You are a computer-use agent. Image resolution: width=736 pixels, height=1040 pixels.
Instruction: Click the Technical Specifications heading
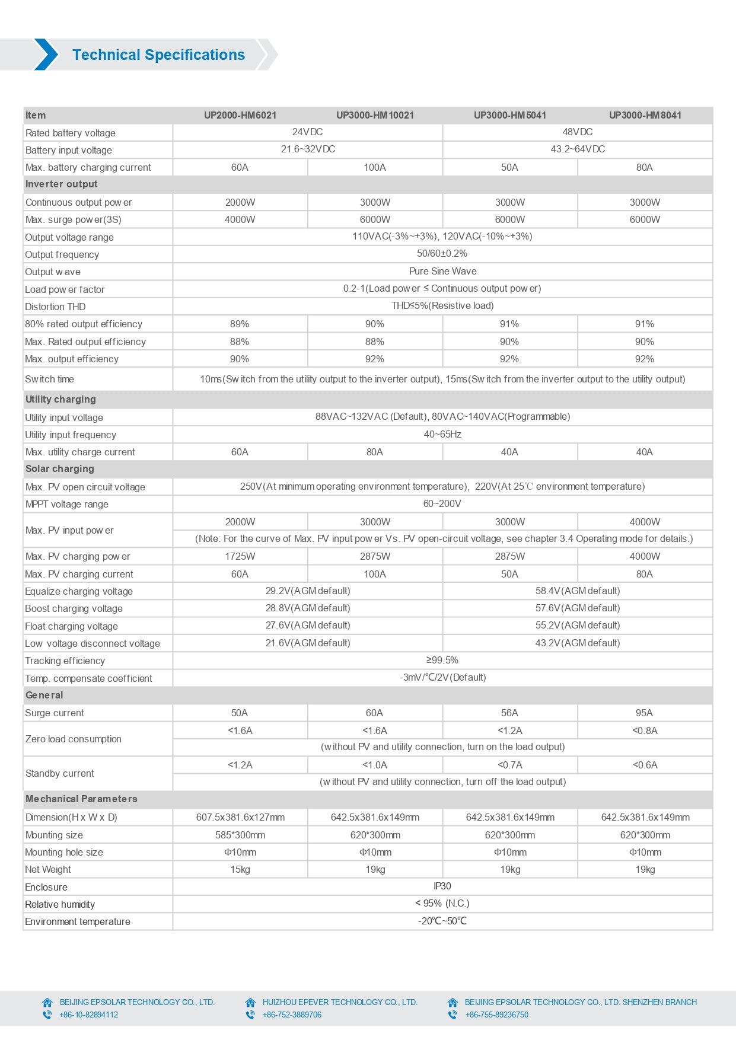(158, 55)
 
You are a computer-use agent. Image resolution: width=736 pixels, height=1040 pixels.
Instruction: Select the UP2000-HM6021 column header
(240, 115)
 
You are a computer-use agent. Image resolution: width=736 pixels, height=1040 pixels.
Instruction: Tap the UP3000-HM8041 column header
(645, 115)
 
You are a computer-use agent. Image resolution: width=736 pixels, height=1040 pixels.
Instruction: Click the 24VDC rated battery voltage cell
(307, 132)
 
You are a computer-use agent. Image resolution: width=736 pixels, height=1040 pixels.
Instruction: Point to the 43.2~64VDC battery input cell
(577, 149)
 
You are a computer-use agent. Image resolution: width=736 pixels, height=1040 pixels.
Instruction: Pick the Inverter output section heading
(62, 184)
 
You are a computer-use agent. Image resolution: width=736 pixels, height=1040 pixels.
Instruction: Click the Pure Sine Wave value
(442, 272)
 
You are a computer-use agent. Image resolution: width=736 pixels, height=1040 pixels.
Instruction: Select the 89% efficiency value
(240, 324)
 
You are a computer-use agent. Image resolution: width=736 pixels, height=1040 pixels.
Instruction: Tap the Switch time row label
(50, 379)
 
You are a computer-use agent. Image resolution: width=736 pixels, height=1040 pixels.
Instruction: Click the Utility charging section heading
(60, 400)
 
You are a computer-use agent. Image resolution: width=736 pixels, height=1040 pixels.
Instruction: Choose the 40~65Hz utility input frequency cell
(442, 435)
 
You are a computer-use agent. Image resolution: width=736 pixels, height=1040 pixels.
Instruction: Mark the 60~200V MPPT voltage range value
(442, 504)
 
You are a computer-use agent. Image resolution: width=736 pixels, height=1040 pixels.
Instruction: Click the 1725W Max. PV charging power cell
(240, 557)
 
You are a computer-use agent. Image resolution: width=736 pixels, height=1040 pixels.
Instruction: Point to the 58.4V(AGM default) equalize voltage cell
(577, 591)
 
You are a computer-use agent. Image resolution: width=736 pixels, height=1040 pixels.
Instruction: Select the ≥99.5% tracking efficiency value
(442, 661)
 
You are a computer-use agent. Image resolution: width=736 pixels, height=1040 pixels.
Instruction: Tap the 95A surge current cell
(644, 713)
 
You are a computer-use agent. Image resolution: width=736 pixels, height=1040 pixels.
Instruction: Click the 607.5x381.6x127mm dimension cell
(240, 818)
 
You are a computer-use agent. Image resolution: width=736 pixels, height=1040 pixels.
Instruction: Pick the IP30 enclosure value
(442, 886)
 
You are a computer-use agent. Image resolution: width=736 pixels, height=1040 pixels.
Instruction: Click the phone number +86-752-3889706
(292, 1015)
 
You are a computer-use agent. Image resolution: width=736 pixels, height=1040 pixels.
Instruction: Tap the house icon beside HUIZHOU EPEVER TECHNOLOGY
(250, 1002)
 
